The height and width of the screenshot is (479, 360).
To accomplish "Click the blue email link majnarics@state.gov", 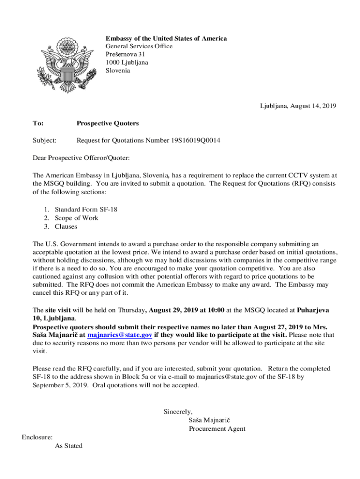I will coord(119,335).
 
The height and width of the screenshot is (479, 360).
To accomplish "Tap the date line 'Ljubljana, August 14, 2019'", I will coord(298,106).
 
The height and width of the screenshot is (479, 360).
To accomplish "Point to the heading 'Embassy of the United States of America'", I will coord(166,38).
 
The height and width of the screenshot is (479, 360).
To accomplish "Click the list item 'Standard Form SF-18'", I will coord(86,210).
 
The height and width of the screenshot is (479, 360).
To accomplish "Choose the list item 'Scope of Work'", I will coord(77,218).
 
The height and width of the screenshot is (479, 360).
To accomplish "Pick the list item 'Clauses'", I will coord(66,226).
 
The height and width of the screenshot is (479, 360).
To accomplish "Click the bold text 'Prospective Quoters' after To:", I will coord(108,123).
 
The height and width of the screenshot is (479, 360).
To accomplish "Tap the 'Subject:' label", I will coord(44,140).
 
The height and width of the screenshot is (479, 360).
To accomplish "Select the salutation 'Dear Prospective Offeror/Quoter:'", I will coord(81,158).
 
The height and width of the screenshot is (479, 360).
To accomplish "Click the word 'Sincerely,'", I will coord(178,412).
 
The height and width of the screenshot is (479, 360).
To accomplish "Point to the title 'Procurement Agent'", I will coord(217,428).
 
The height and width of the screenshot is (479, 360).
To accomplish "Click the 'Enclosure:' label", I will coord(37,437).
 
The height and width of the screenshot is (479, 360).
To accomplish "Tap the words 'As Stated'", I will coord(69,446).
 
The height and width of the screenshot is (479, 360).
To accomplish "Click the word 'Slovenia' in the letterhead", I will coord(118,71).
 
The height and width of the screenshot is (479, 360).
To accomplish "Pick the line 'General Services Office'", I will coord(139,46).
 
